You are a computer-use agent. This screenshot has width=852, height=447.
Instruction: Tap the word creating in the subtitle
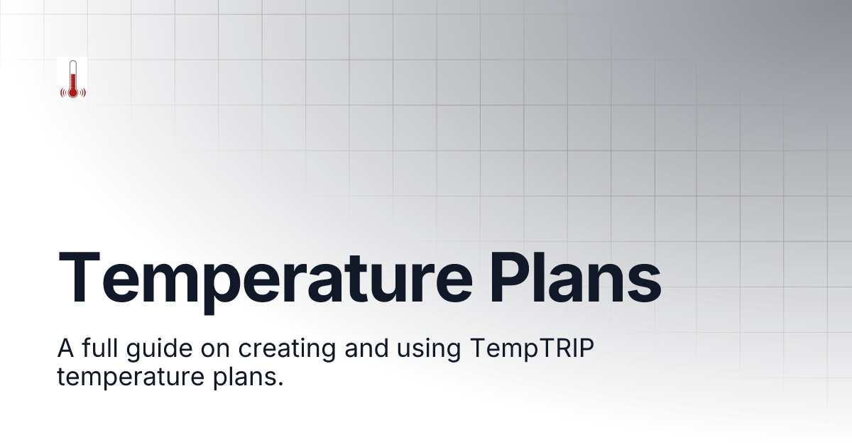(x=298, y=351)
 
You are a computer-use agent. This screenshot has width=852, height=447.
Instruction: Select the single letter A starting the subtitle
(x=66, y=350)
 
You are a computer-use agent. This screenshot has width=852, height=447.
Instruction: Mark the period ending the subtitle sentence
(x=280, y=384)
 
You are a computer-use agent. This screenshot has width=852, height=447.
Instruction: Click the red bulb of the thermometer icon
(x=72, y=92)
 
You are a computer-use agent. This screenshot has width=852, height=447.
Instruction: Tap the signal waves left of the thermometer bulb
(x=63, y=92)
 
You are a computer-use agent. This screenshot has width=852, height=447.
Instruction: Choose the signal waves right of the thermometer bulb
(x=82, y=92)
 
